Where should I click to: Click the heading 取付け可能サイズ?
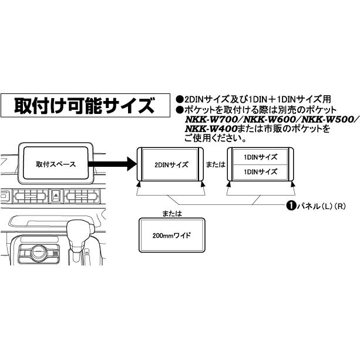click(85, 106)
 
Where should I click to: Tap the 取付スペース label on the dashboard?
click(56, 164)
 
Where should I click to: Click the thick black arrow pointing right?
click(113, 164)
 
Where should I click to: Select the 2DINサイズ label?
click(171, 164)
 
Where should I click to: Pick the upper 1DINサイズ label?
click(260, 157)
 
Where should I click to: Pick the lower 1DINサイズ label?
click(260, 171)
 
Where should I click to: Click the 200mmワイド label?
click(171, 235)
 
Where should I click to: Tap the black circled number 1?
click(291, 206)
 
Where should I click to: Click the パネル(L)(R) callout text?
click(321, 206)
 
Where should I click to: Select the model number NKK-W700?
click(211, 120)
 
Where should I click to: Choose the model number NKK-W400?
click(211, 129)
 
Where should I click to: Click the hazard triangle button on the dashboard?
click(56, 196)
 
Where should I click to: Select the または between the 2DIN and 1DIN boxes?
click(216, 164)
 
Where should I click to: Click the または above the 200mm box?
click(172, 214)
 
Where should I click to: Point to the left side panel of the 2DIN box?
click(140, 164)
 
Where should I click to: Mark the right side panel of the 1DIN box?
click(291, 164)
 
